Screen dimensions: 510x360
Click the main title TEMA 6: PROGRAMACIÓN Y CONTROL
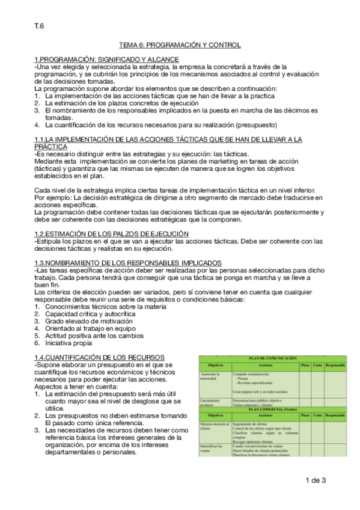pos(180,45)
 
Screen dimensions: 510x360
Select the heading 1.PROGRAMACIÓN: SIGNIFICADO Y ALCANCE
pos(96,59)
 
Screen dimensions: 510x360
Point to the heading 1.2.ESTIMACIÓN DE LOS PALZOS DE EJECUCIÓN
pos(112,233)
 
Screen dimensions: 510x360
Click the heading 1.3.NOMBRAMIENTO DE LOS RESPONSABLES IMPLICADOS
pos(128,263)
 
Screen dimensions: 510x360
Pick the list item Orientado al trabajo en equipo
pos(92,328)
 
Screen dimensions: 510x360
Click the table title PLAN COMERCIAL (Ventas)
pos(273,409)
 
